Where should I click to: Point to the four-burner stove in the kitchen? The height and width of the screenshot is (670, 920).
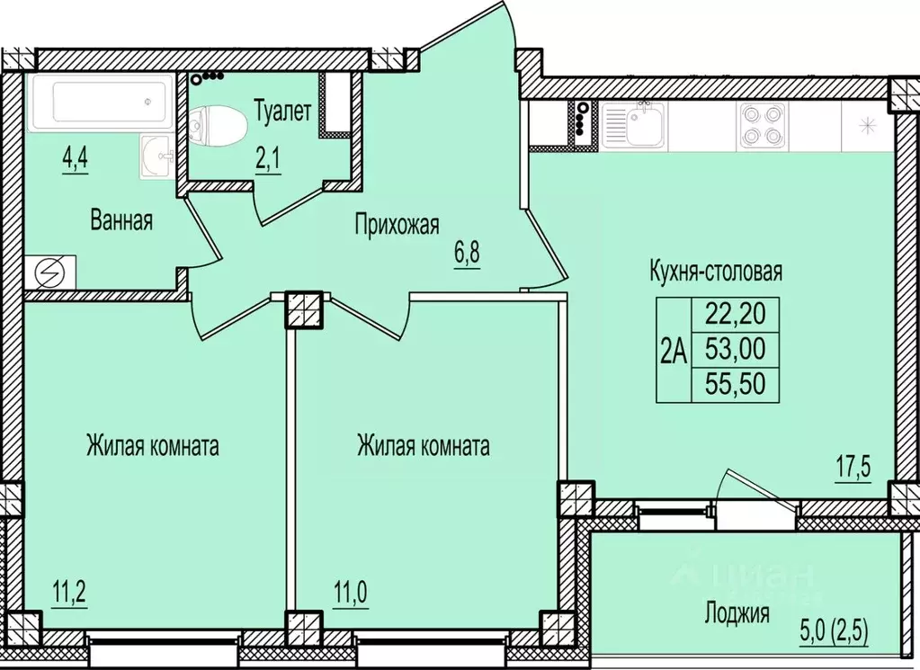[761, 126]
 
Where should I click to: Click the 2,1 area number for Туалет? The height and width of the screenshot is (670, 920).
[268, 161]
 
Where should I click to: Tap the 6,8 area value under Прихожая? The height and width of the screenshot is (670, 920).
[467, 254]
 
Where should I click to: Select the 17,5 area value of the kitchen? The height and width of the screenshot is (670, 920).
[855, 471]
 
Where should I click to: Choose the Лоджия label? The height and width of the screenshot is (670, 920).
[737, 615]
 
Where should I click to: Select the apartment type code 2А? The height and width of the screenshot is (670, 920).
[673, 350]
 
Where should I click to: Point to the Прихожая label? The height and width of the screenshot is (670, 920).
[397, 223]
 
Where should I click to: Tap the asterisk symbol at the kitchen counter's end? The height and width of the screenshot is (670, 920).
[867, 126]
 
